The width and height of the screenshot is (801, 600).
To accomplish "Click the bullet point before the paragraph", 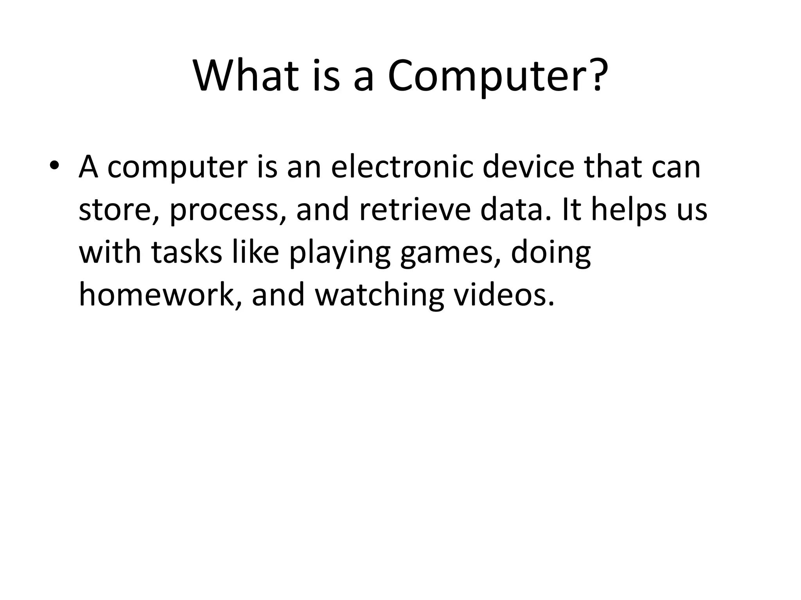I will [x=54, y=166].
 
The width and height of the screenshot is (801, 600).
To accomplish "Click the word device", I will [x=528, y=167].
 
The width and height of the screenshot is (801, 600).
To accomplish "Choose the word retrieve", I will [x=415, y=210].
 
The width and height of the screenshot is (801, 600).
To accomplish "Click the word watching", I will [x=379, y=296].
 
